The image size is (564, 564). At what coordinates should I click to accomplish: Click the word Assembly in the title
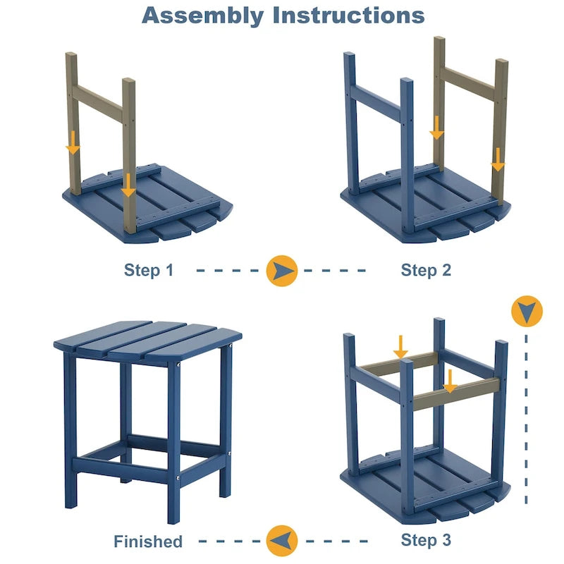(x=202, y=15)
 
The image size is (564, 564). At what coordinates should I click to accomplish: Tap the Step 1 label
(x=148, y=269)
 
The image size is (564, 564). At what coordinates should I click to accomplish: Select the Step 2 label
(x=426, y=269)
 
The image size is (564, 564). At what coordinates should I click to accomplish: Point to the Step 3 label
(x=426, y=540)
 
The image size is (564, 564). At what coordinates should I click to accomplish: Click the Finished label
(x=148, y=541)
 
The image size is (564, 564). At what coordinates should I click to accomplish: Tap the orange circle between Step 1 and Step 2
(x=283, y=270)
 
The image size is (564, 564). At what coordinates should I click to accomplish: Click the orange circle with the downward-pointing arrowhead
(x=527, y=310)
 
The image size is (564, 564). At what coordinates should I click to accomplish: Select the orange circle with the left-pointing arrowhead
(x=283, y=541)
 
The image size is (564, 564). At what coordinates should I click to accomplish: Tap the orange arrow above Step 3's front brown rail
(x=450, y=381)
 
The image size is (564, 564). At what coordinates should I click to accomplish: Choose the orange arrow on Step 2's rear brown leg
(x=437, y=128)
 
